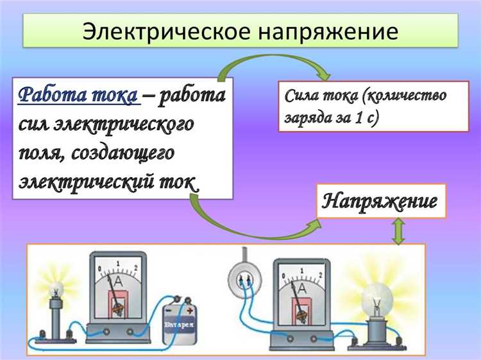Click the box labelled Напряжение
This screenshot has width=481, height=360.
click(x=380, y=201)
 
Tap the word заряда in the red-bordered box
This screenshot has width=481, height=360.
click(x=308, y=119)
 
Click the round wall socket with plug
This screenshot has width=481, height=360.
click(x=243, y=278)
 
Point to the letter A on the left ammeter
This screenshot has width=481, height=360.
click(x=118, y=282)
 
